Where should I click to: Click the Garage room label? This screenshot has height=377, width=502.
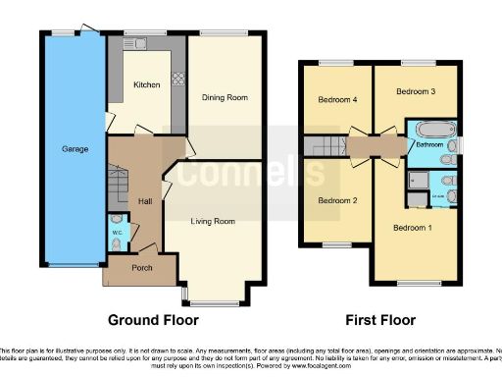(75, 149)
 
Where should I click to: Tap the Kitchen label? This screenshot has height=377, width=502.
(147, 85)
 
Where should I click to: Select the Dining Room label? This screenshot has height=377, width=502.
(224, 97)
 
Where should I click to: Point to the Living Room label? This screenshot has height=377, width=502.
(213, 222)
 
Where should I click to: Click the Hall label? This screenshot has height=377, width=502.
(145, 201)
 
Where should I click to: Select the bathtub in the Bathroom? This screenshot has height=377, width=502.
(428, 130)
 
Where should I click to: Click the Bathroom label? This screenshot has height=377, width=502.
(427, 145)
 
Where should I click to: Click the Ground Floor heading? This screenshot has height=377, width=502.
(153, 320)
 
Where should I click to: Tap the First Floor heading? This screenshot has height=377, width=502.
(381, 320)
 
